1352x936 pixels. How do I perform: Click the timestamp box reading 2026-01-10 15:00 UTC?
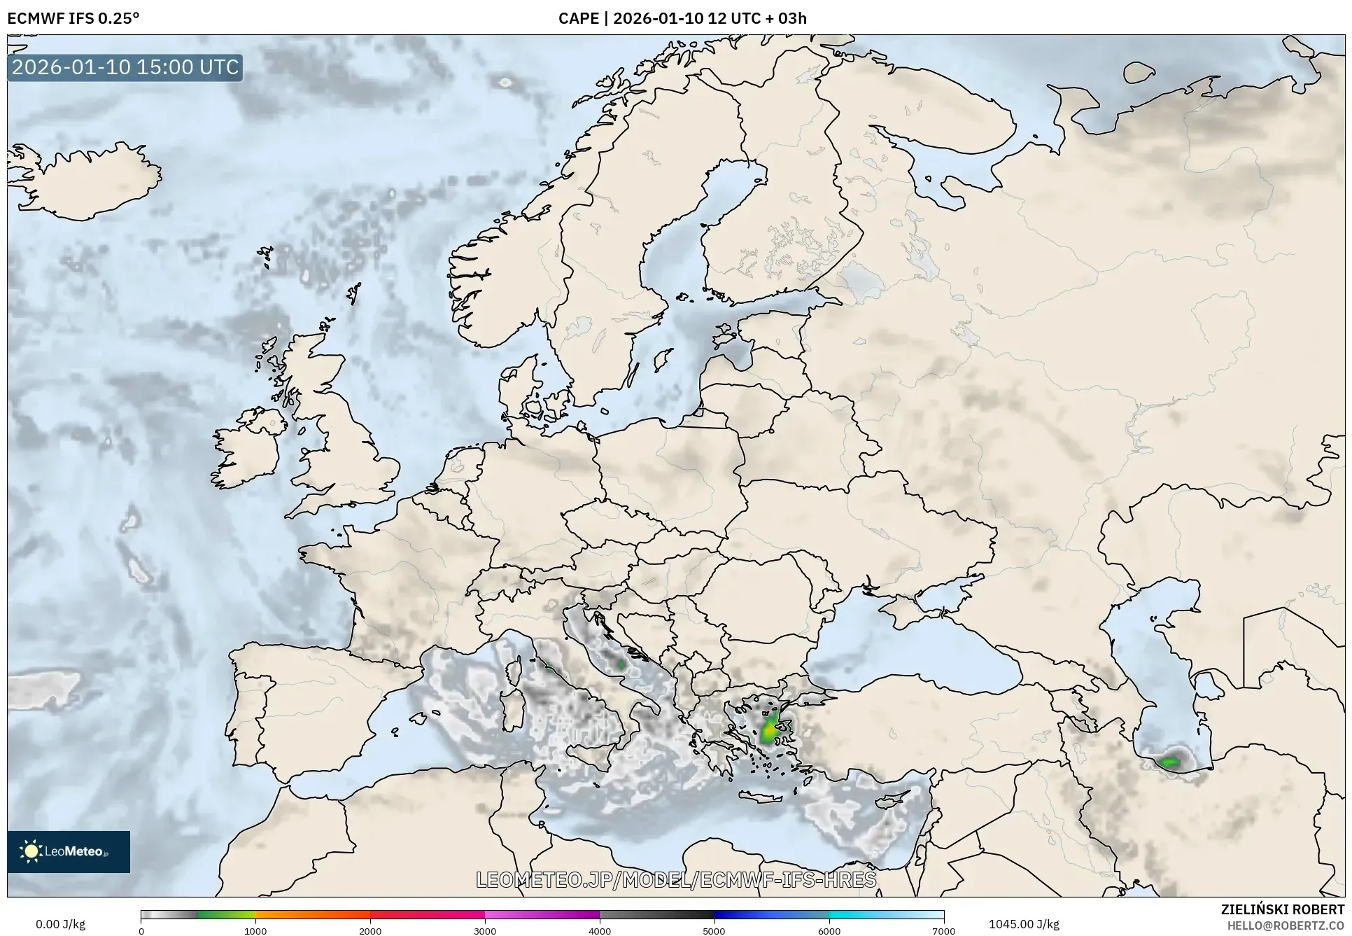click(x=126, y=67)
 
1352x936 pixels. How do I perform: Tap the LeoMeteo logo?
click(x=69, y=851)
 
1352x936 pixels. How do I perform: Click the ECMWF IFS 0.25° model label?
click(x=73, y=18)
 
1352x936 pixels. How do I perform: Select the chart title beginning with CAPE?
click(x=682, y=18)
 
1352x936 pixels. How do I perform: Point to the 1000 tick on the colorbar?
click(x=255, y=930)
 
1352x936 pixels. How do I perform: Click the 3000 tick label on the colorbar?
click(x=485, y=930)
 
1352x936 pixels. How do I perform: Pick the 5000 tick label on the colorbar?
click(x=714, y=930)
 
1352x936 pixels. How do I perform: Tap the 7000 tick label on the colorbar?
click(x=943, y=930)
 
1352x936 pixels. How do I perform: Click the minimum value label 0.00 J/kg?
click(x=60, y=924)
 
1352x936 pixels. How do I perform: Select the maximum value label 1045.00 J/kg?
click(x=1024, y=924)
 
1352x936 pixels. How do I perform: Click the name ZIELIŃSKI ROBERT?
click(x=1282, y=909)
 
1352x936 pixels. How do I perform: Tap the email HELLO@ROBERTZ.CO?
click(x=1286, y=925)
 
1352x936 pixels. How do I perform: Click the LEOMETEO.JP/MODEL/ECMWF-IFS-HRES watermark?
click(x=676, y=879)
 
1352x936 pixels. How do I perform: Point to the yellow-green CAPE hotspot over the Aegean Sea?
click(x=769, y=731)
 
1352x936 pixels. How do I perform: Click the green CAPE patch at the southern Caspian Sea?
click(x=1169, y=762)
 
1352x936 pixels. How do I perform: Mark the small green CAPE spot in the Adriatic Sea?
click(x=621, y=664)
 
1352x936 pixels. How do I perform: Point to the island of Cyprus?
click(x=896, y=800)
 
